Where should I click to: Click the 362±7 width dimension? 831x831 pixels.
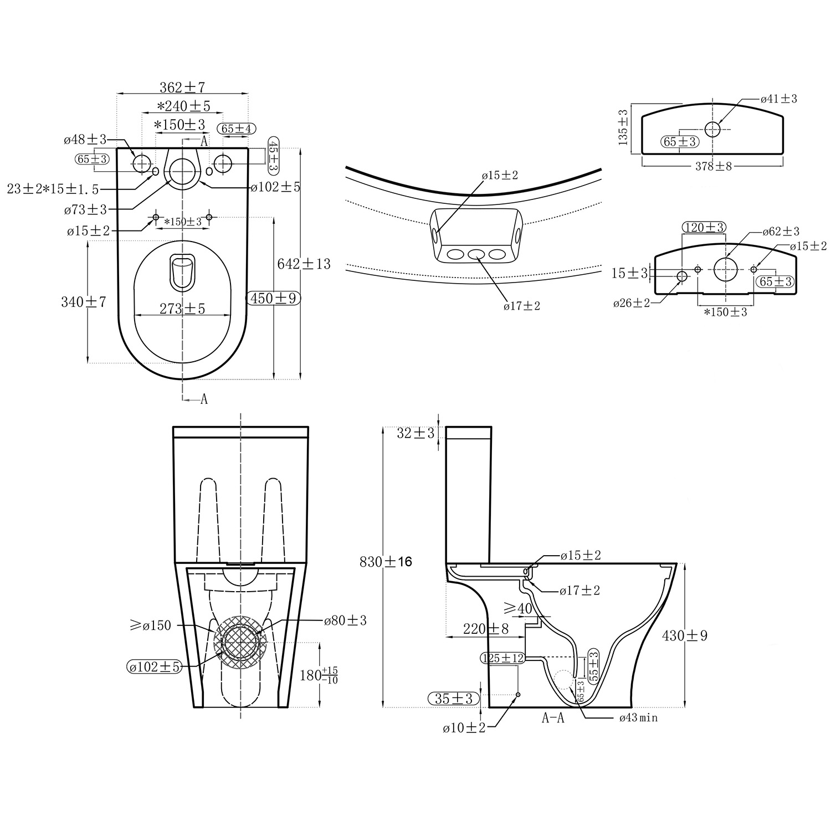click(182, 87)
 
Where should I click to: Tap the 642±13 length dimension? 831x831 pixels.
click(304, 264)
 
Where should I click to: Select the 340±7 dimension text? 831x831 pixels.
click(84, 302)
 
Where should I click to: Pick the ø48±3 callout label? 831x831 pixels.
click(85, 140)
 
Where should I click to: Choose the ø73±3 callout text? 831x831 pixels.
click(85, 209)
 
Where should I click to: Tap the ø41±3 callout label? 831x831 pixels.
click(778, 99)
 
